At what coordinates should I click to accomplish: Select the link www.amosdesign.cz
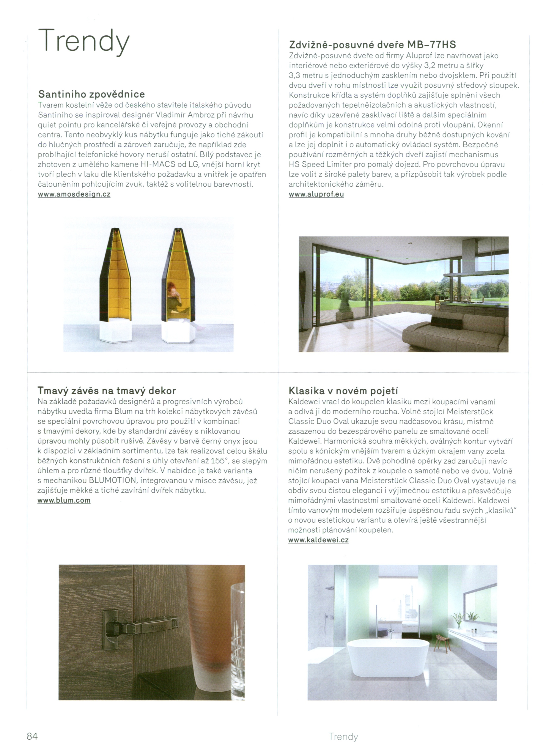click(74, 194)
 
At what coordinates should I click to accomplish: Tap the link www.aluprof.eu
click(316, 194)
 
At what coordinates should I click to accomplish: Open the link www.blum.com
click(64, 500)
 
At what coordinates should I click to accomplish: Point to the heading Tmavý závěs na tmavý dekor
click(107, 390)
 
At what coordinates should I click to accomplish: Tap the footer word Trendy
click(343, 736)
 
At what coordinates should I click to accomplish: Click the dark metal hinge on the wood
click(140, 627)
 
